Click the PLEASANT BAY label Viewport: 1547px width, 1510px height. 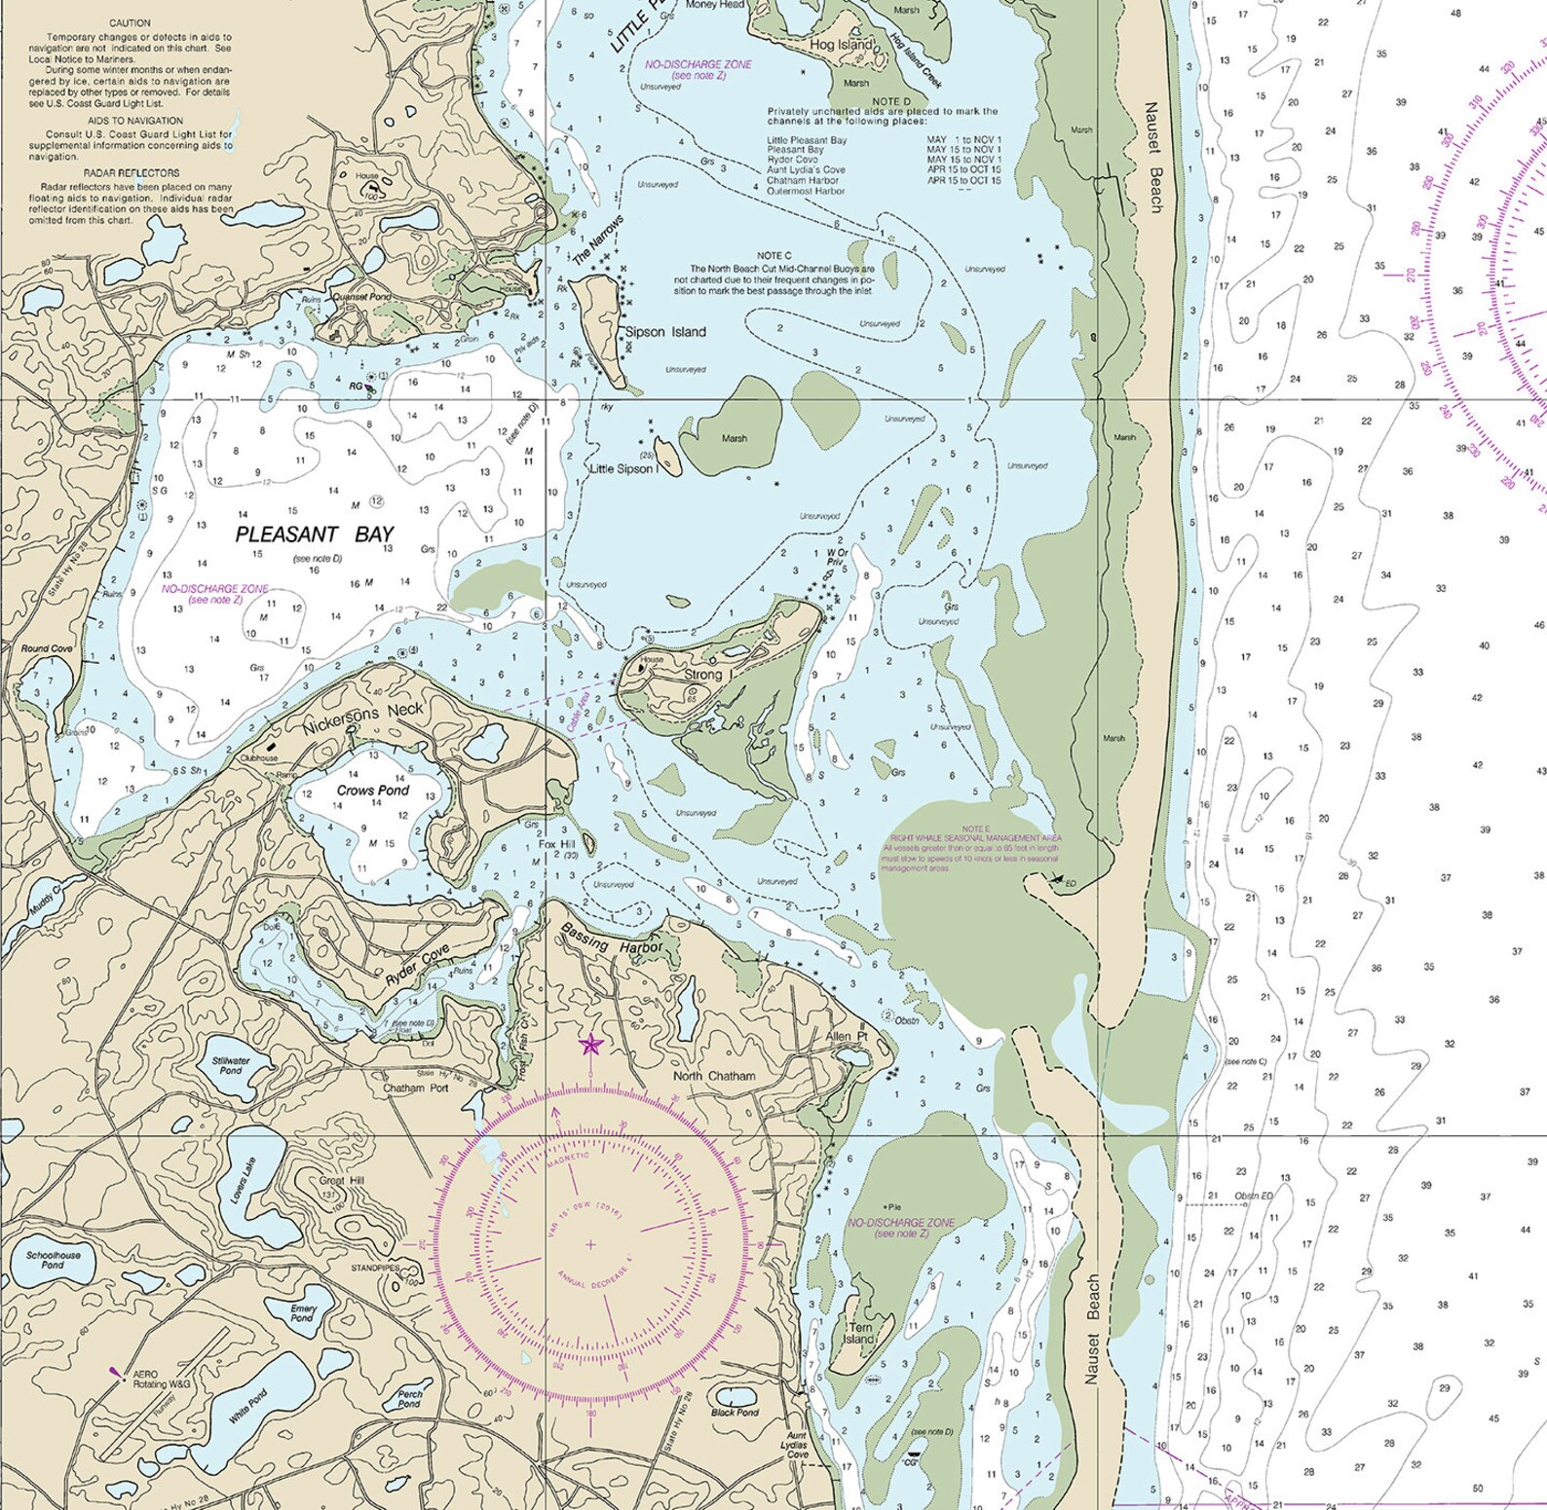(x=315, y=534)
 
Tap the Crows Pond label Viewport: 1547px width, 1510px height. (x=373, y=791)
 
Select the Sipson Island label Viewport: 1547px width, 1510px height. (x=665, y=332)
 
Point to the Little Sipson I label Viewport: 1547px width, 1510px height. (x=624, y=469)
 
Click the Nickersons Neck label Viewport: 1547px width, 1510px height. (x=362, y=718)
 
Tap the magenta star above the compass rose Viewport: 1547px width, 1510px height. (x=590, y=1046)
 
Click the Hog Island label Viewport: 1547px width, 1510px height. (x=842, y=45)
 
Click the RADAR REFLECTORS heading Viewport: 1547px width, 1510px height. (x=131, y=173)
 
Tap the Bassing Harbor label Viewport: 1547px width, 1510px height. (x=611, y=939)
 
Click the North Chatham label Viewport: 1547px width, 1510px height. (x=714, y=1076)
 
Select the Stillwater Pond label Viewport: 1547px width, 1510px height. (x=231, y=1065)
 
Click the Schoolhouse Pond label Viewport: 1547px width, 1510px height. (x=54, y=1260)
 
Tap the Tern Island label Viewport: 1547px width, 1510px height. (x=860, y=1333)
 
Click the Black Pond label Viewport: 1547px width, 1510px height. (x=735, y=1412)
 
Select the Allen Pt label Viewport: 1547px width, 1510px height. (x=846, y=1036)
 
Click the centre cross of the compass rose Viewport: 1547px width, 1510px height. (x=590, y=1244)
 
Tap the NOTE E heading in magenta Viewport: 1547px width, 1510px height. (x=975, y=828)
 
